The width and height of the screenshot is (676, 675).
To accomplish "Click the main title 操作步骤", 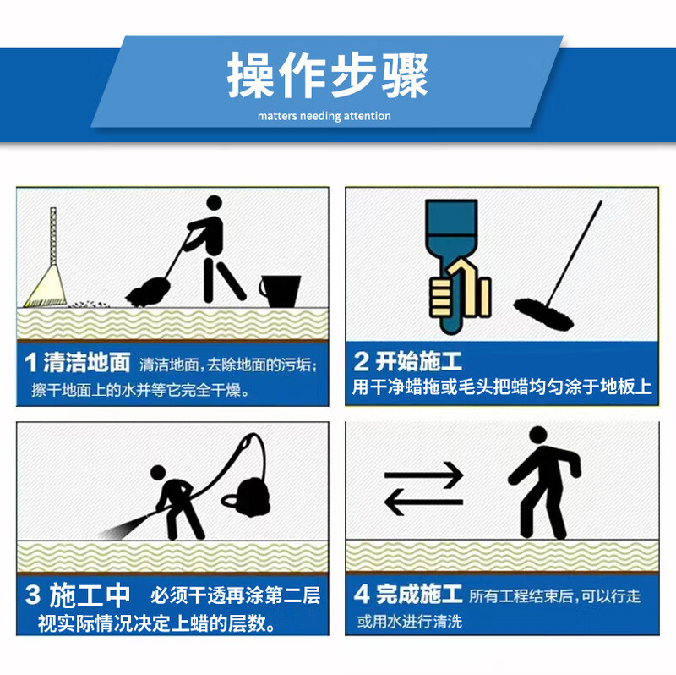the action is click(328, 75).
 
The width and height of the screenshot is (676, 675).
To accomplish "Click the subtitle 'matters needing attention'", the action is click(324, 116).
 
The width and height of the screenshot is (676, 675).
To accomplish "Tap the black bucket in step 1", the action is click(281, 291).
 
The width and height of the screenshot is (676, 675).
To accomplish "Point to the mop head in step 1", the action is click(147, 293).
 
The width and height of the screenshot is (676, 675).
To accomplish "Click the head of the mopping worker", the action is click(215, 202).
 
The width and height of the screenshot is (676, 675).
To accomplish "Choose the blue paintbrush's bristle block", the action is click(451, 217).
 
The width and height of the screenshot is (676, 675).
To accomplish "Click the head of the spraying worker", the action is click(158, 472).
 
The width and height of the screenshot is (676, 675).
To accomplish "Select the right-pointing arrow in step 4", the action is click(424, 475).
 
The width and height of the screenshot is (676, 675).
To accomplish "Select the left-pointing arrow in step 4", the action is click(423, 502).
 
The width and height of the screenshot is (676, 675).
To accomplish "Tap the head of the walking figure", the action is click(538, 436).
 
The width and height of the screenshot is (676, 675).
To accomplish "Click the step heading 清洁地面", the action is click(87, 362).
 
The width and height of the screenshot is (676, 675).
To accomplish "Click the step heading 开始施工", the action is click(418, 361).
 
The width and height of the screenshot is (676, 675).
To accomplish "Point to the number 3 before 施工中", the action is click(32, 595).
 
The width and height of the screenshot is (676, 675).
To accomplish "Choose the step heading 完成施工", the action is click(419, 595).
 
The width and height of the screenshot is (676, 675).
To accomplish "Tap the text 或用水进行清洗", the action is click(410, 622).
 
